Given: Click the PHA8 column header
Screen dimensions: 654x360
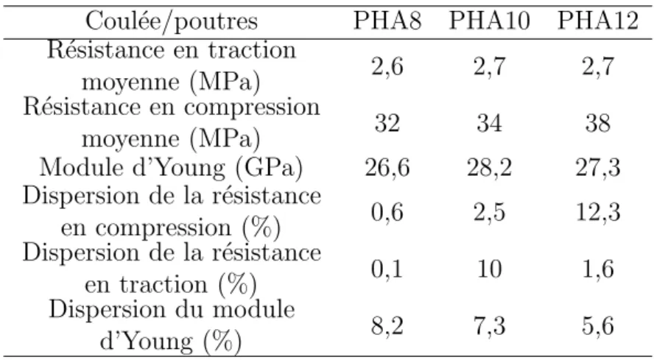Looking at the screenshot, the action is pyautogui.click(x=387, y=21).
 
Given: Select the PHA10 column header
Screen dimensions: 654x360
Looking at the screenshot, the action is pyautogui.click(x=489, y=21).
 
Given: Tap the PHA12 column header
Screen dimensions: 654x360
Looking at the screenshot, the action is pyautogui.click(x=598, y=21).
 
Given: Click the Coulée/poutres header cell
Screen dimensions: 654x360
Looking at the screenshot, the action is pyautogui.click(x=172, y=21).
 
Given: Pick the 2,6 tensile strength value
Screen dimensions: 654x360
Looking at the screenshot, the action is pyautogui.click(x=387, y=66).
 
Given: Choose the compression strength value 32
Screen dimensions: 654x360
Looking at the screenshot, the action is pyautogui.click(x=387, y=123).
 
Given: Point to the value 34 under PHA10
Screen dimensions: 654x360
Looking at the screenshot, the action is pyautogui.click(x=489, y=123).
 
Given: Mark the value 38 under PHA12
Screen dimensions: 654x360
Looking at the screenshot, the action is pyautogui.click(x=598, y=123).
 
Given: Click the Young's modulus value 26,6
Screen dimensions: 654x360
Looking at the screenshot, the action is pyautogui.click(x=387, y=168).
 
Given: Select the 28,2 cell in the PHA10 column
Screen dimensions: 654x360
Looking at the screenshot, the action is pyautogui.click(x=489, y=168).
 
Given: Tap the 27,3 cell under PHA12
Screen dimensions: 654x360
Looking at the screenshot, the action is pyautogui.click(x=598, y=168).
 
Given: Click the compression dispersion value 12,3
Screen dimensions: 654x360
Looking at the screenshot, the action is pyautogui.click(x=598, y=212).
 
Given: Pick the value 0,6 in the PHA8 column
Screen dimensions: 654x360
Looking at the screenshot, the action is pyautogui.click(x=387, y=212).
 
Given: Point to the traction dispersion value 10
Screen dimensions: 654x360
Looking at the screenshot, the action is pyautogui.click(x=489, y=269).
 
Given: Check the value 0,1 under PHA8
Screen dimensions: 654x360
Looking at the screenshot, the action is pyautogui.click(x=387, y=269).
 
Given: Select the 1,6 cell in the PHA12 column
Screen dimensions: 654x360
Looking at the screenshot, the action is pyautogui.click(x=598, y=269).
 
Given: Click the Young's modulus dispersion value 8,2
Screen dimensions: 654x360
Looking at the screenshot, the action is pyautogui.click(x=387, y=326).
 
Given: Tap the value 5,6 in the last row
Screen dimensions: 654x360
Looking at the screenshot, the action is pyautogui.click(x=598, y=326).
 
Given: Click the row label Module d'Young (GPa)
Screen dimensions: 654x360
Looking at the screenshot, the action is pyautogui.click(x=172, y=169).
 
